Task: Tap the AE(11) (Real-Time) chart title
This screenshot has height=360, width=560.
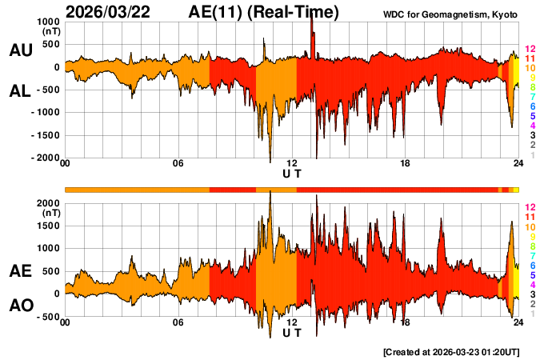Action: (x=264, y=12)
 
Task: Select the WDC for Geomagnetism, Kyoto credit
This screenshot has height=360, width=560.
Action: (x=462, y=14)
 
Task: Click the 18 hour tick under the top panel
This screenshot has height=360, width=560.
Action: (x=406, y=165)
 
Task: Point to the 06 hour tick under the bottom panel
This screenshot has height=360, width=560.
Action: (x=178, y=322)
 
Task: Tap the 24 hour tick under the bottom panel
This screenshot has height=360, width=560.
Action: (x=518, y=322)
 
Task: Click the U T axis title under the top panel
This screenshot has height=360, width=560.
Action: (x=292, y=174)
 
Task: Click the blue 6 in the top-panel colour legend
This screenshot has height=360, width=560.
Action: (x=532, y=106)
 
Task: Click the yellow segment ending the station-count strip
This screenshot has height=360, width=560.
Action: (x=516, y=189)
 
